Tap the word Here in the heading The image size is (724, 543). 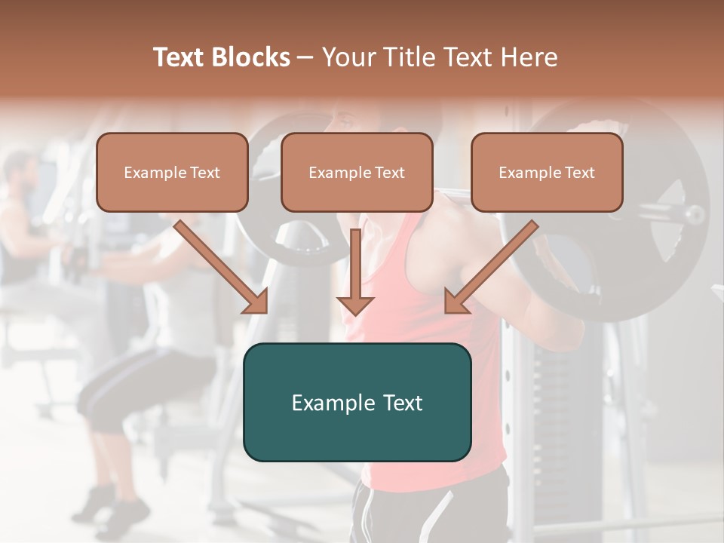531,57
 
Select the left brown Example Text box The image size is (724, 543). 172,172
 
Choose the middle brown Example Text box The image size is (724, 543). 357,172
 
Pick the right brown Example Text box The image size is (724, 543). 547,172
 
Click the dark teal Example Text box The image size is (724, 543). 357,402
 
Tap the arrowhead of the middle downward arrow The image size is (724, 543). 355,303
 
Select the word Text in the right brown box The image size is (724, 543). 581,173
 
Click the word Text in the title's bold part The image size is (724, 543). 179,57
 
